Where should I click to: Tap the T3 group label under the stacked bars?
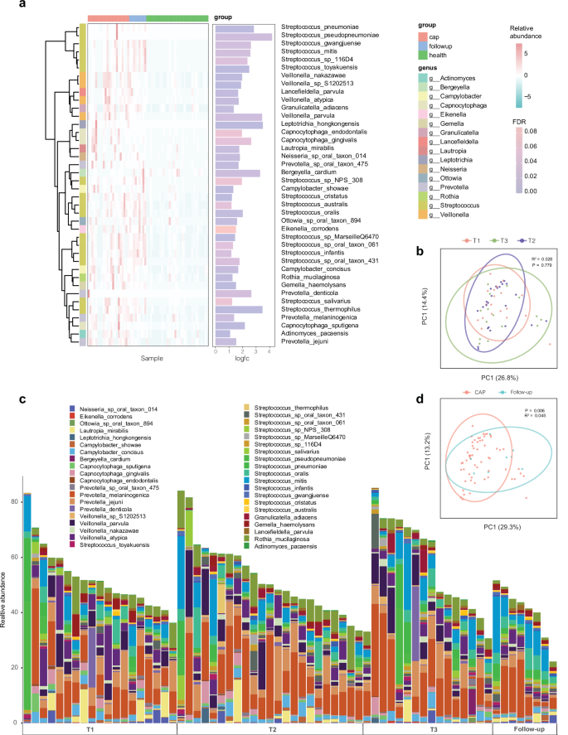tap(427, 729)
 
